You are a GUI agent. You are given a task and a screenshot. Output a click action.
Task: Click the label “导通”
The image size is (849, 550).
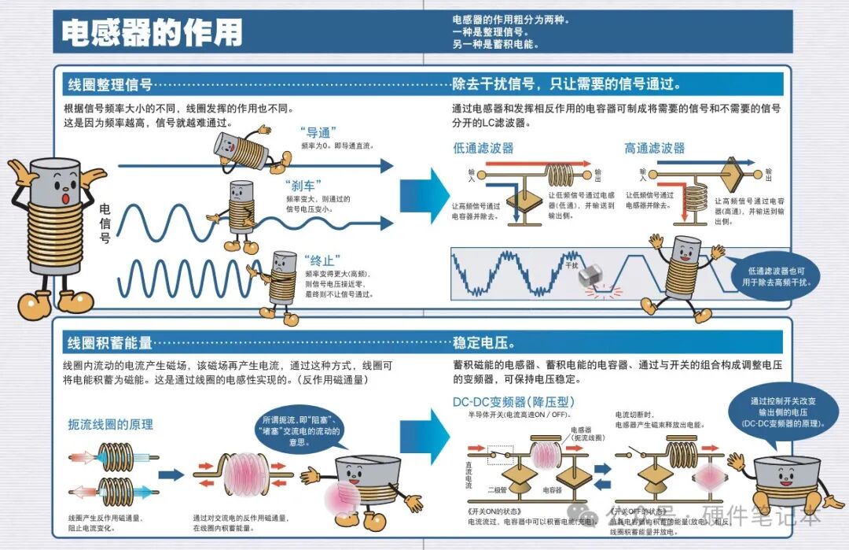[318, 132]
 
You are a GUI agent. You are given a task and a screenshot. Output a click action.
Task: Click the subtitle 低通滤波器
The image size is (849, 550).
[483, 148]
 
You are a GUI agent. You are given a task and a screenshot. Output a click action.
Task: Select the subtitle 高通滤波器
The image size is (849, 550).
[655, 148]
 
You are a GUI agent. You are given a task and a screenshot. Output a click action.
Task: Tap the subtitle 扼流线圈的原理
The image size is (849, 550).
[110, 425]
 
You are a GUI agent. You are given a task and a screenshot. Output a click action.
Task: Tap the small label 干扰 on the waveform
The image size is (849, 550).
[572, 266]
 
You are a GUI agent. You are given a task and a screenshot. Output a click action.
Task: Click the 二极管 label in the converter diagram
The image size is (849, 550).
[497, 489]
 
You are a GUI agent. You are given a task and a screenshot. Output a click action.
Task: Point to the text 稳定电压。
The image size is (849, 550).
[484, 342]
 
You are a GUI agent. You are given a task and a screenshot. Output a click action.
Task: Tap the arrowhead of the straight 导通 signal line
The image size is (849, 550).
[386, 165]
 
